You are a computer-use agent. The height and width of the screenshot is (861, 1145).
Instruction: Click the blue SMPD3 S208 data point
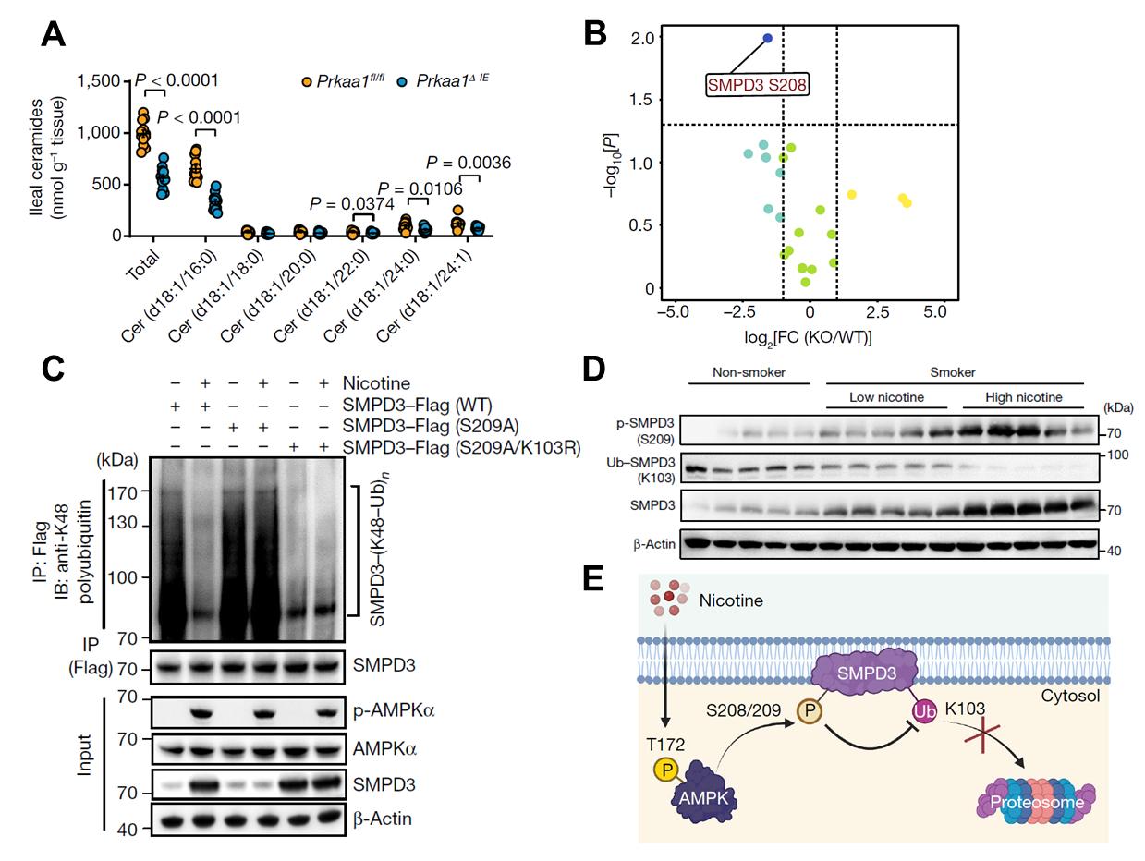click(768, 38)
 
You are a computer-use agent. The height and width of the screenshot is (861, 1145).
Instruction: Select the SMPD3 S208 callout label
click(757, 85)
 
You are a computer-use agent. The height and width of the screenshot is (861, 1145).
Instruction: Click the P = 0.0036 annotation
click(469, 164)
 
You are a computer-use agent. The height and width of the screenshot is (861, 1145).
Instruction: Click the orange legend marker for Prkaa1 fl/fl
click(307, 82)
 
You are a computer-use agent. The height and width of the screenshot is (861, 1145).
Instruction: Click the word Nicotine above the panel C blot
click(376, 382)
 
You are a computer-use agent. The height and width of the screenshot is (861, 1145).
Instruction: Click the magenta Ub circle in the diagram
click(923, 711)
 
